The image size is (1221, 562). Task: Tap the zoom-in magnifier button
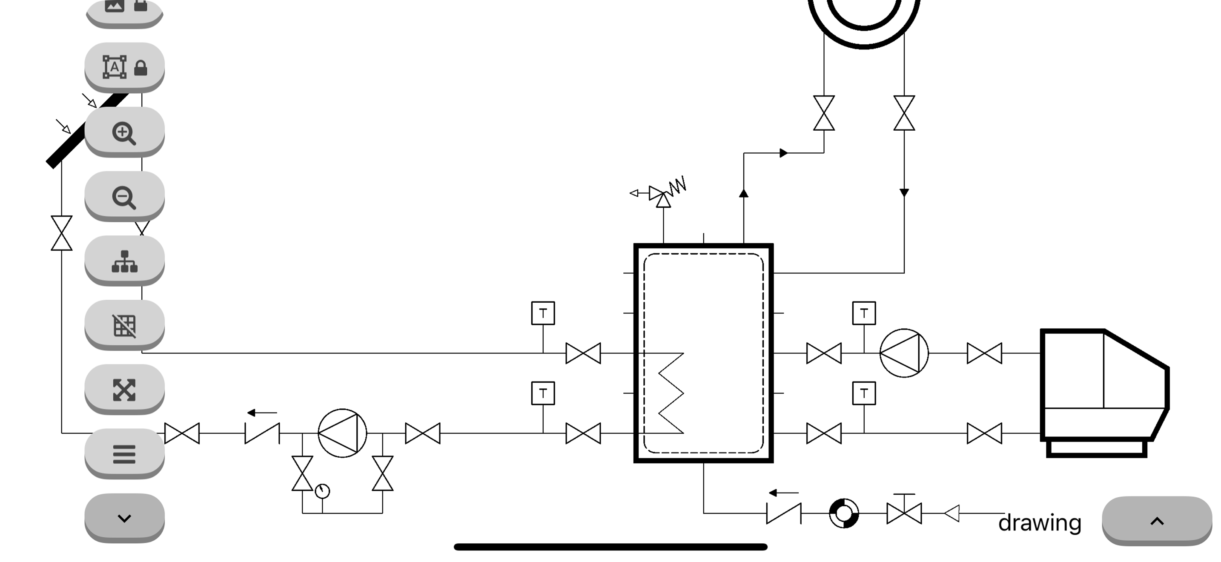(124, 132)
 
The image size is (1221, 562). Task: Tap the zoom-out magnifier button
(124, 197)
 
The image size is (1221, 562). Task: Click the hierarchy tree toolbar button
(124, 261)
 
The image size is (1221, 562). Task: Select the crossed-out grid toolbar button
(124, 326)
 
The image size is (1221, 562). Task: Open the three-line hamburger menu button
(124, 454)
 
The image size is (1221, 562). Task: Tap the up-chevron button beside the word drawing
(1157, 521)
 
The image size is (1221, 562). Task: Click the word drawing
(1040, 523)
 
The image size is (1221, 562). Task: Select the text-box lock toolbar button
(124, 68)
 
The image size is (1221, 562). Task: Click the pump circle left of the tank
(342, 433)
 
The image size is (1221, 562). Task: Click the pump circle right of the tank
(904, 353)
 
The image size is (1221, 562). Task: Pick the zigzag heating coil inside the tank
(671, 393)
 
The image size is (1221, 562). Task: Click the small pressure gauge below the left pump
(322, 491)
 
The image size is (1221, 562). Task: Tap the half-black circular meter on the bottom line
(844, 513)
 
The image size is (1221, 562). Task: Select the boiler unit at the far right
(1105, 393)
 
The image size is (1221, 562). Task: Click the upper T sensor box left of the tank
(543, 313)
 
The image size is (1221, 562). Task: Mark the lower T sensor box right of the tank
(864, 393)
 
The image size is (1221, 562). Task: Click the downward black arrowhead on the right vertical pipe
(904, 193)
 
